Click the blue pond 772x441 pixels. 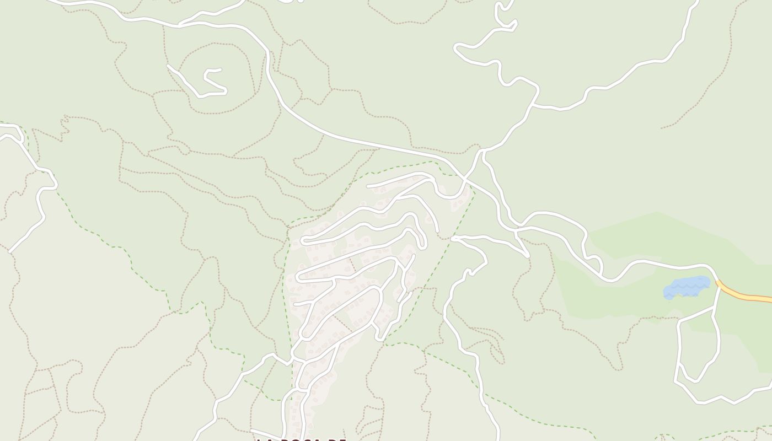point(687,287)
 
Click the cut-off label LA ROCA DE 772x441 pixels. point(301,439)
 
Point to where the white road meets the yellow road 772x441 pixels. point(718,283)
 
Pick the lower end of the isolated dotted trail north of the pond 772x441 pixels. point(662,128)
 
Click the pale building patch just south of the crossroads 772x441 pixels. point(460,201)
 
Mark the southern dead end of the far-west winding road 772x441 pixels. point(10,252)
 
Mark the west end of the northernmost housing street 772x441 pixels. point(368,186)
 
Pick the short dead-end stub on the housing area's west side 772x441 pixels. point(296,304)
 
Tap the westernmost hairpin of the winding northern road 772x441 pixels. point(457,49)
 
